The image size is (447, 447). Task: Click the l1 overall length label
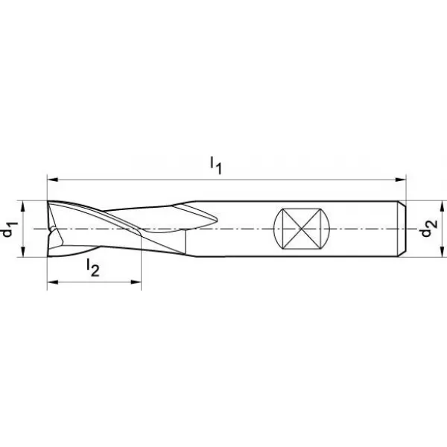[x=216, y=165]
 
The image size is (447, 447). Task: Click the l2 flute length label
[x=93, y=268]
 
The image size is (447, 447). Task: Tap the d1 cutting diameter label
[x=10, y=229]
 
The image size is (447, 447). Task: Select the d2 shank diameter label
[x=429, y=228]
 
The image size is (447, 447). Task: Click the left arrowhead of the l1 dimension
[x=53, y=180]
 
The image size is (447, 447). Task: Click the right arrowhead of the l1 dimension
[x=400, y=180]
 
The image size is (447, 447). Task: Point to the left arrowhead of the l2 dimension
[x=53, y=282]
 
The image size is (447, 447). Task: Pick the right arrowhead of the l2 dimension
[x=136, y=282]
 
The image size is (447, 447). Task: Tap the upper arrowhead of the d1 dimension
[x=23, y=206]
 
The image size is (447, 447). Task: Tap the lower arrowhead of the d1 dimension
[x=23, y=252]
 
